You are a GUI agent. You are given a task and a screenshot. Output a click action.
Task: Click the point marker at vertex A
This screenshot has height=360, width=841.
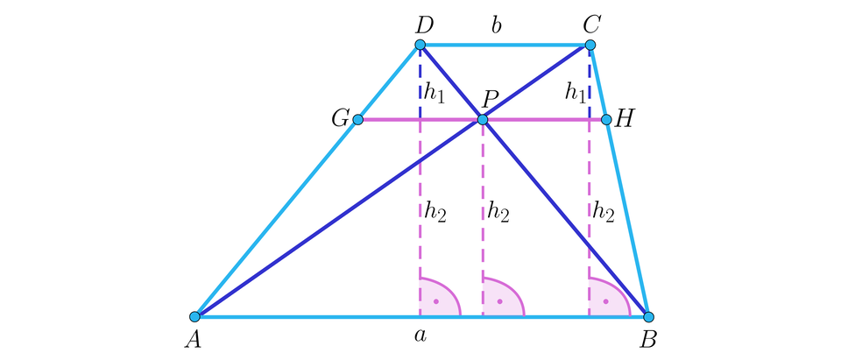pos(194,316)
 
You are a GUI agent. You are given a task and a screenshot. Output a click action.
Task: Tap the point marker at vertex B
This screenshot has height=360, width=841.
pos(648,316)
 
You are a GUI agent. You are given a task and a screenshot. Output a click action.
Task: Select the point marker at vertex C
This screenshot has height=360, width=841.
pos(590,45)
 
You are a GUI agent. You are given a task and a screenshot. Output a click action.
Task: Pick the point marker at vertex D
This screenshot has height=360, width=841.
pos(420,45)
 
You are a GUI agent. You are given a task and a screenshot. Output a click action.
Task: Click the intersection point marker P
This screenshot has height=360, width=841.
pos(483,119)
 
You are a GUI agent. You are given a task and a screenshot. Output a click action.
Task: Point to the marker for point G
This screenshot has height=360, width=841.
pos(357,119)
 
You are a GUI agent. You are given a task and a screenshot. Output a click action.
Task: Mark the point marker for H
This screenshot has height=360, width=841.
pos(606,119)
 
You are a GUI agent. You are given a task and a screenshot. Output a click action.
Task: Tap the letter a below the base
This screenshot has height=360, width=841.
pos(420,336)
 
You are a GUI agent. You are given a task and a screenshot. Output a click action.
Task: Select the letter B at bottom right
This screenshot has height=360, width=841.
pos(649,340)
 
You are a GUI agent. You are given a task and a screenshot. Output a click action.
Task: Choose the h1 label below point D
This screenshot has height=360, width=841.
pos(435,94)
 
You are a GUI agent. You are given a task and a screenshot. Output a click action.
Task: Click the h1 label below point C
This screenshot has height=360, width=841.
pos(575,94)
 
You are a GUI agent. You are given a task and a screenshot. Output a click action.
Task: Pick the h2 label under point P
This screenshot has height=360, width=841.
pos(498,213)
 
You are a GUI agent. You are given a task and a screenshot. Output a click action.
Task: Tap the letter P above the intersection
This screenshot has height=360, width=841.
pos(489,99)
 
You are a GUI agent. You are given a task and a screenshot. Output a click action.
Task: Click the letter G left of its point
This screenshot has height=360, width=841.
pos(340,119)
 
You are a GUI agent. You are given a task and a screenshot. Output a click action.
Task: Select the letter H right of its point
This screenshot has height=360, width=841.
pos(624,119)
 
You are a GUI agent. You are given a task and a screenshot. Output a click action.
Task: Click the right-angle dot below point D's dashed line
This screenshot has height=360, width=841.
pos(436,301)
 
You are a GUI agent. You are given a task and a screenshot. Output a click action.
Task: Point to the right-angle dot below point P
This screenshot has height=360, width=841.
pos(499,301)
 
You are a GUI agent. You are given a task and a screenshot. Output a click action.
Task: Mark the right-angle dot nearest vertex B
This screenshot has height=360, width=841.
pos(605,301)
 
